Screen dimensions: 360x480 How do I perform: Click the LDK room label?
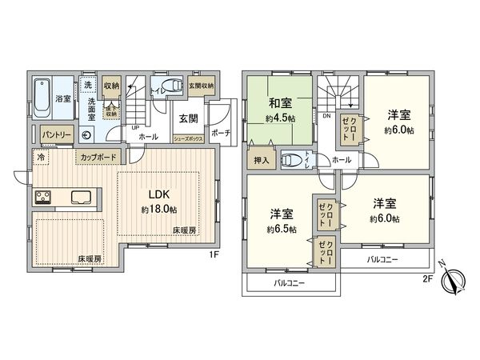[154, 194]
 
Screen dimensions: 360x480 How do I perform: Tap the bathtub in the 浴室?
[43, 97]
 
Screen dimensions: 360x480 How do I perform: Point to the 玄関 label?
[189, 119]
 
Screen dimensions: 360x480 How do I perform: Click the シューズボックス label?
[190, 138]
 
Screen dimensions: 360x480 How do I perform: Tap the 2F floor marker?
[429, 279]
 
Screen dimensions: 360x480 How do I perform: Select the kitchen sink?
[81, 198]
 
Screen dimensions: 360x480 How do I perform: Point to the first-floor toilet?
[169, 86]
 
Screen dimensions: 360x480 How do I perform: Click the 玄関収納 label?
[201, 86]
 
